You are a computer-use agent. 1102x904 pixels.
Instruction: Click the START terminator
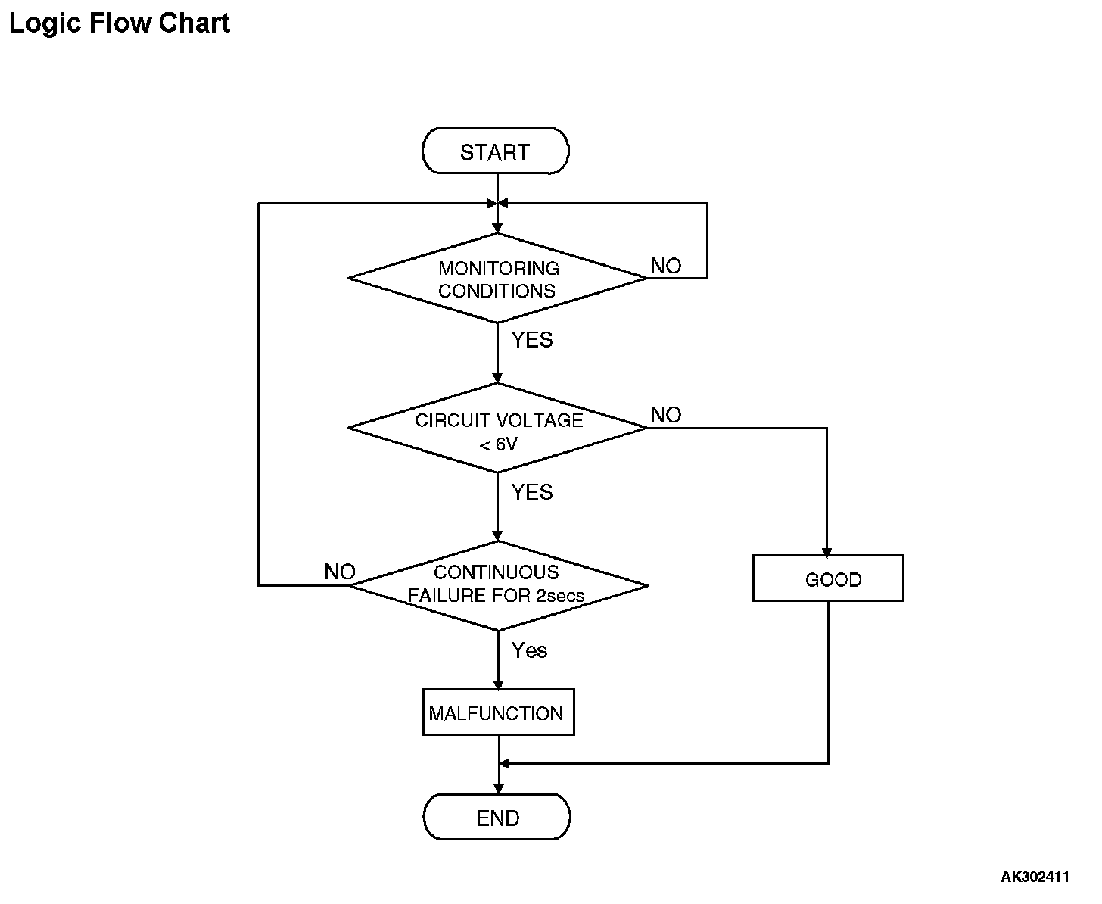(495, 151)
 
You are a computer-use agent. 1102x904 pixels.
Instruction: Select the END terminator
(497, 817)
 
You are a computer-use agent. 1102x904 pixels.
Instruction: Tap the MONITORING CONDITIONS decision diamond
(497, 278)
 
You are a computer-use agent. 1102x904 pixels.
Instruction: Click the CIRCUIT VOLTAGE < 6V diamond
(497, 428)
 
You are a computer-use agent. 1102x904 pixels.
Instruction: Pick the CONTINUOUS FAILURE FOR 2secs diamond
(498, 585)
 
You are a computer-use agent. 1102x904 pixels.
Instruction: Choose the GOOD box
(828, 578)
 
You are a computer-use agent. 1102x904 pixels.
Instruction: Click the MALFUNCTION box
(499, 712)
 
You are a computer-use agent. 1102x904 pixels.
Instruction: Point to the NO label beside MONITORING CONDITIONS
(666, 266)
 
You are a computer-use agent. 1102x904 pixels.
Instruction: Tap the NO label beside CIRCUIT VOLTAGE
(666, 415)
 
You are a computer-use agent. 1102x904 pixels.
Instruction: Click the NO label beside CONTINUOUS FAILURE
(340, 572)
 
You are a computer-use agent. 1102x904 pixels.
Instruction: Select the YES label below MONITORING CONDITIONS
(532, 340)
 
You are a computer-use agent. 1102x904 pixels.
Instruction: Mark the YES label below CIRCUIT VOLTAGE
(532, 492)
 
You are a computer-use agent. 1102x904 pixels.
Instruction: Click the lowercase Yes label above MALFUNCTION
(529, 650)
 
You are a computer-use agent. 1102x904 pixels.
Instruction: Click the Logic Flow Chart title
(120, 23)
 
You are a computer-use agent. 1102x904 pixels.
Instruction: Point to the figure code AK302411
(1035, 877)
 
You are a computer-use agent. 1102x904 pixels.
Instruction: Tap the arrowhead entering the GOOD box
(826, 552)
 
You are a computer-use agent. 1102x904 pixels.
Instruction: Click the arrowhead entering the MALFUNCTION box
(499, 685)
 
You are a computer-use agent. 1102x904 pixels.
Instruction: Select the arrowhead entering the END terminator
(499, 790)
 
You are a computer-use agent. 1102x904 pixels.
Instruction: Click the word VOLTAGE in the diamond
(539, 420)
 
